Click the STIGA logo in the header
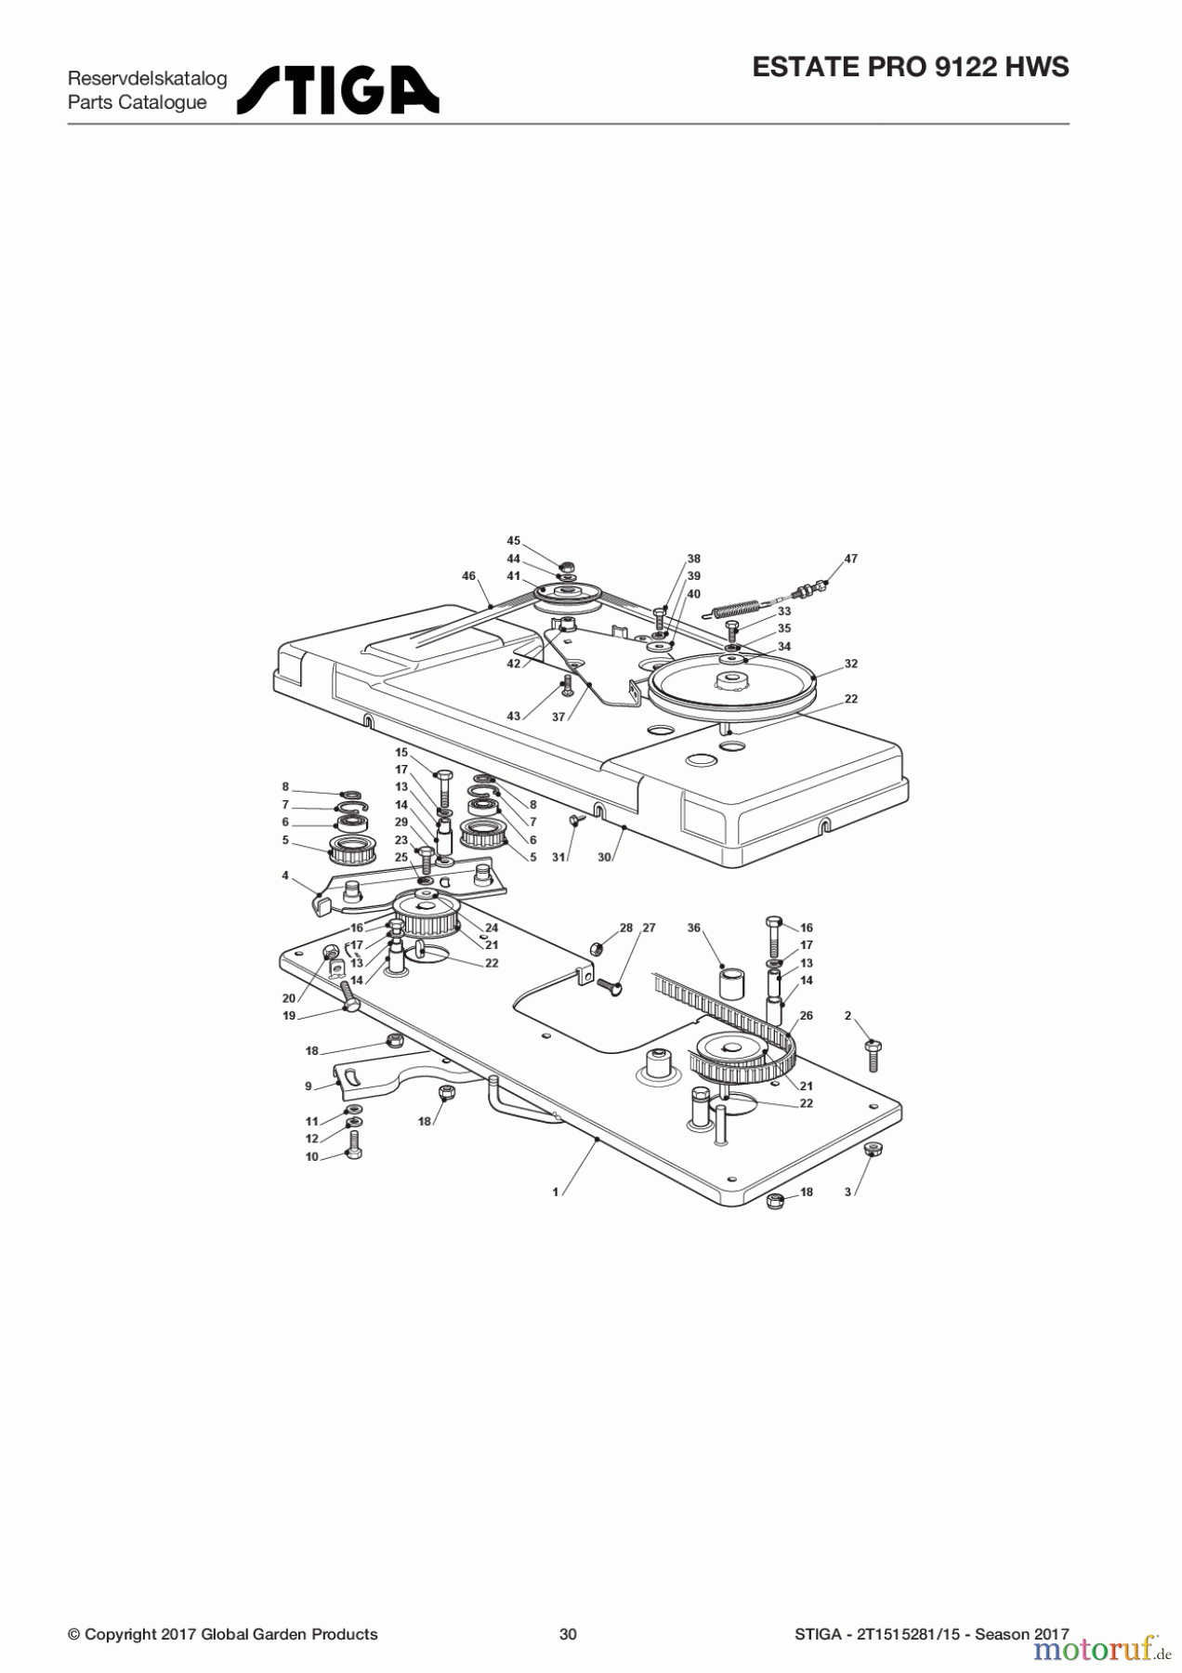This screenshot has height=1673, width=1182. pos(337,90)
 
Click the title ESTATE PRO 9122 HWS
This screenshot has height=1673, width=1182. pos(911,68)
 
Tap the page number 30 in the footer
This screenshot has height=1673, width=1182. pos(568,1634)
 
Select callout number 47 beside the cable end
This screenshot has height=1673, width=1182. pos(851,559)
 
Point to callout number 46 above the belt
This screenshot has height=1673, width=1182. pos(469,576)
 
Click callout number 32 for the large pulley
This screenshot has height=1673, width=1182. pos(851,664)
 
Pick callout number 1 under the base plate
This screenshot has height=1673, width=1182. pos(556,1192)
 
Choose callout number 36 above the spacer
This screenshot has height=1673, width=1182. pos(694,928)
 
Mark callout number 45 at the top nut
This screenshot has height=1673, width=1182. pos(514,541)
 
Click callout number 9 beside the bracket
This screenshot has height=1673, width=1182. pos(309,1086)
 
